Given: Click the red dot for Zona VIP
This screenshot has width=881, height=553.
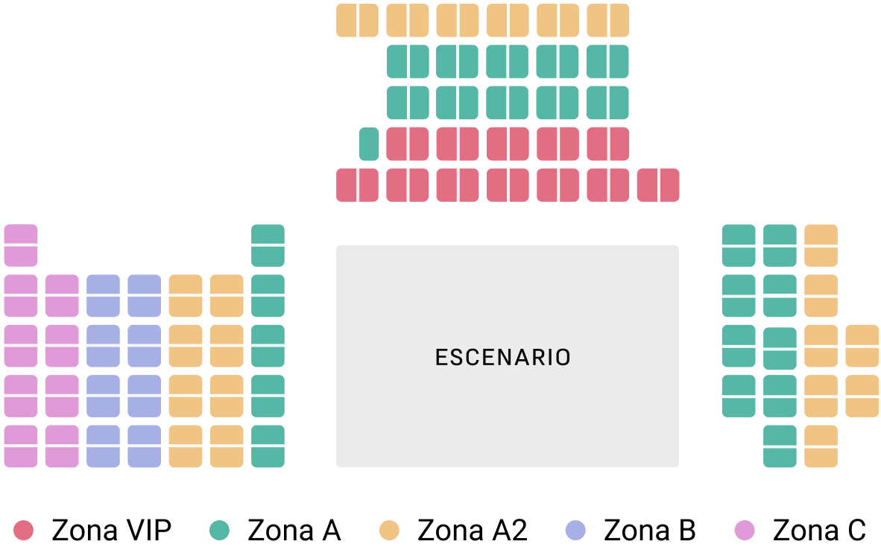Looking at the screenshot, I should point(24,531).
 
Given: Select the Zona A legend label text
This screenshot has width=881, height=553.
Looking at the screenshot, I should point(294,531).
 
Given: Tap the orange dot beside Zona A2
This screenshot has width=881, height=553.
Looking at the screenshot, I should point(389,531).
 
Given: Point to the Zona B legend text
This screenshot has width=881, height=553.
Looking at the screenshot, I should point(649,531).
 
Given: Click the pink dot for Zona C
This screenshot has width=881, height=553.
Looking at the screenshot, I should point(745,531).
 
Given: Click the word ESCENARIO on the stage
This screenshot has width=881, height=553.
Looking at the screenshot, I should point(503,358).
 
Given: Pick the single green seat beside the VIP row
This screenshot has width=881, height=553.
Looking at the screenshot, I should point(369,144).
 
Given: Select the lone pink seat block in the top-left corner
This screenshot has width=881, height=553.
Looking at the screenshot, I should point(21,245).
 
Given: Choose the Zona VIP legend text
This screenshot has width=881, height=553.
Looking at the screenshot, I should point(112,531).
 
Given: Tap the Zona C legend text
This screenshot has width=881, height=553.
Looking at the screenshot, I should point(819,531).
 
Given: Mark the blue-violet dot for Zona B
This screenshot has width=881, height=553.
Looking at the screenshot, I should point(575,531).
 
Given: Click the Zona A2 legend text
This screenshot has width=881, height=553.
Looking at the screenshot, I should point(473,531).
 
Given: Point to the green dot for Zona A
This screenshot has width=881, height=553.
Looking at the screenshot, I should point(219,531).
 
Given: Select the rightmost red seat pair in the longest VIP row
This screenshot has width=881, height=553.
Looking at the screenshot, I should point(658,185).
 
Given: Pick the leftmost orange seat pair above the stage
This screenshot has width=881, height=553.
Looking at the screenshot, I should point(357,20).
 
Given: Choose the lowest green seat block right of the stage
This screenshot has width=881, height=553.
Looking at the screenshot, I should point(780,446).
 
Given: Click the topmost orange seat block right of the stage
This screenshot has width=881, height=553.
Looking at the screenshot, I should point(821,245).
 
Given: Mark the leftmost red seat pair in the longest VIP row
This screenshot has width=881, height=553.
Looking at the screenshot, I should point(357,185).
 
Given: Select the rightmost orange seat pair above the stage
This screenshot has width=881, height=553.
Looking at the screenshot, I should point(607,20).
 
